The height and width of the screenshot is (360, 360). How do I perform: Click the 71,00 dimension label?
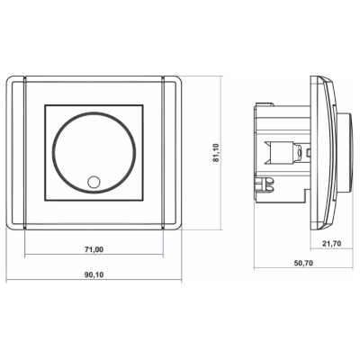point(94,249)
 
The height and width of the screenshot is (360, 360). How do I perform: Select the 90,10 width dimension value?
point(94,274)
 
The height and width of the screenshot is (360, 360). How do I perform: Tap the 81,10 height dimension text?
point(216,153)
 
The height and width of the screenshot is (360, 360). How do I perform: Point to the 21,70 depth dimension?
point(331,244)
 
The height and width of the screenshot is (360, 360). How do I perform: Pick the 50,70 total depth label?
point(303,263)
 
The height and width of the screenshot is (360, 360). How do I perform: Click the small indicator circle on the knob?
point(94,182)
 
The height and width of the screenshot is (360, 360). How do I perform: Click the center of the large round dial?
point(94,153)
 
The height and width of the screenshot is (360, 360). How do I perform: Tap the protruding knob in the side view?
point(345,153)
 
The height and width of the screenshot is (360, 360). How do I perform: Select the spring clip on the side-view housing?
point(265,184)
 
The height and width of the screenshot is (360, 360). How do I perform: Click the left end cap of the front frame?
point(15,153)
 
